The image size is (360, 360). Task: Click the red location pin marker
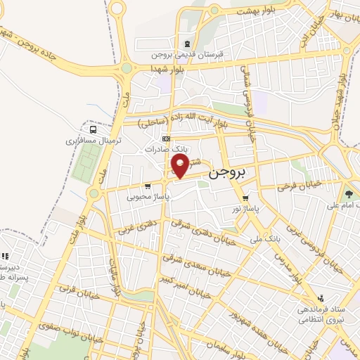point(181,167)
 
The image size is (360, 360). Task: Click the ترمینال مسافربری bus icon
point(94,129)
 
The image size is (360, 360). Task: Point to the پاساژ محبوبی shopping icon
point(147,186)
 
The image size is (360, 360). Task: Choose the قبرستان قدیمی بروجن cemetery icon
point(185,42)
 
